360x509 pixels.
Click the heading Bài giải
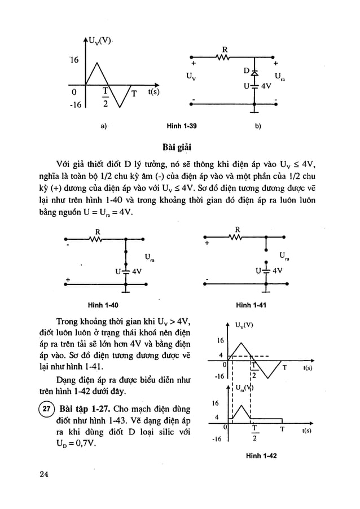click(x=179, y=148)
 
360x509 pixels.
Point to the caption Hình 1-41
click(x=252, y=305)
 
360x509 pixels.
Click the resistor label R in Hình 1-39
click(x=225, y=50)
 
